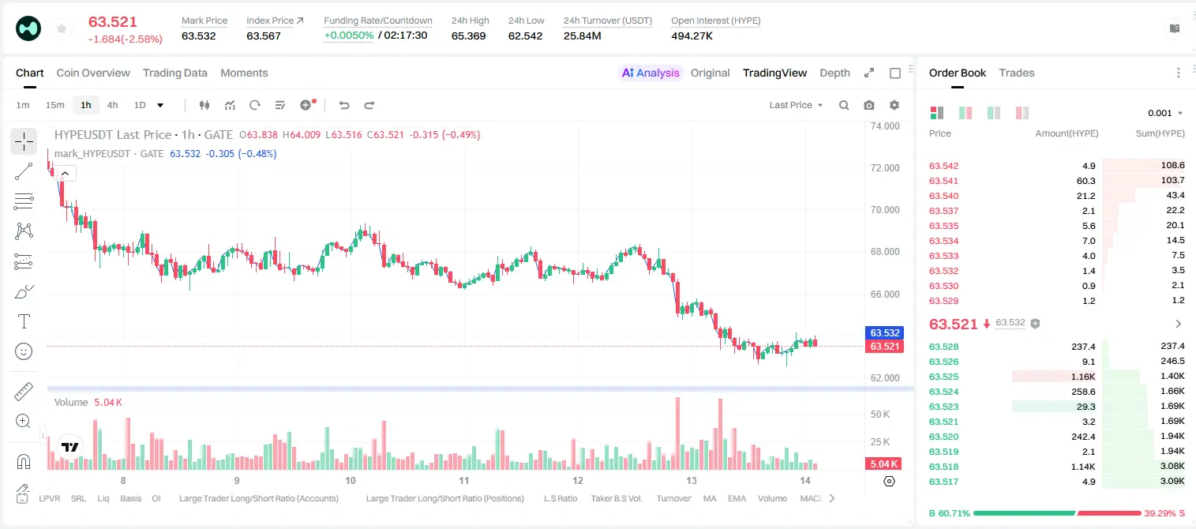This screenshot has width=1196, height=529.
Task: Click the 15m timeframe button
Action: pyautogui.click(x=54, y=105)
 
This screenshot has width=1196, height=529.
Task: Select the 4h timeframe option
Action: pyautogui.click(x=112, y=105)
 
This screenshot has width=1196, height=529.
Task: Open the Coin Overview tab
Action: pyautogui.click(x=93, y=73)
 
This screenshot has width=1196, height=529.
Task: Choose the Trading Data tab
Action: pyautogui.click(x=174, y=73)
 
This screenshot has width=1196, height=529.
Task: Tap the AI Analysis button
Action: pyautogui.click(x=650, y=73)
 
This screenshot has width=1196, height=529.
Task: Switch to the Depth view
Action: pyautogui.click(x=834, y=73)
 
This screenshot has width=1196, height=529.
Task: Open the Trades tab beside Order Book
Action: pyautogui.click(x=1017, y=73)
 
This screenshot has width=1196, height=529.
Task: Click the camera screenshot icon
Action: pyautogui.click(x=869, y=105)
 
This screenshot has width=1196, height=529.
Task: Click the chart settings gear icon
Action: pyautogui.click(x=894, y=105)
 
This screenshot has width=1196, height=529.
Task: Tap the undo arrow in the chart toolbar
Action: pyautogui.click(x=344, y=105)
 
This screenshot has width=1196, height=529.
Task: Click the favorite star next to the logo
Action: pyautogui.click(x=62, y=28)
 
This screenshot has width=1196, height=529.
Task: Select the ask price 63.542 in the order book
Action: pyautogui.click(x=943, y=166)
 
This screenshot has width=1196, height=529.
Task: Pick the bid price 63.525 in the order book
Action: pyautogui.click(x=943, y=377)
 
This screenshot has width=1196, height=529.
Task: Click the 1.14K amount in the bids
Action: pyautogui.click(x=1083, y=467)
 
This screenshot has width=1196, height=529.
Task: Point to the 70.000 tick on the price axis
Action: pyautogui.click(x=885, y=210)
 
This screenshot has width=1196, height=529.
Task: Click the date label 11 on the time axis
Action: pyautogui.click(x=463, y=480)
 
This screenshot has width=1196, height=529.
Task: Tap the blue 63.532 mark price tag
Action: pyautogui.click(x=884, y=332)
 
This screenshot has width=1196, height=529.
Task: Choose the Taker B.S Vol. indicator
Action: pyautogui.click(x=616, y=498)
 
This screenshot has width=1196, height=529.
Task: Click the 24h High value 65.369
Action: pyautogui.click(x=468, y=36)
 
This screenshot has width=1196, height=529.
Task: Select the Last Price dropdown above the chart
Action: pyautogui.click(x=796, y=105)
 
